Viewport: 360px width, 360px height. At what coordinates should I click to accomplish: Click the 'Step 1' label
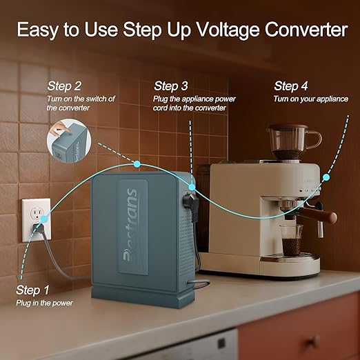32,290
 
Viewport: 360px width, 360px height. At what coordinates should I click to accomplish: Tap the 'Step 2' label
64,86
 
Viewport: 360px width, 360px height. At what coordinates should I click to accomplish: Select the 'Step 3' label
171,86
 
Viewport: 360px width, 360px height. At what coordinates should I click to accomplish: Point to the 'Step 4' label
291,86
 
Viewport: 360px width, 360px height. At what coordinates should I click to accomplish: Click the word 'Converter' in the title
305,30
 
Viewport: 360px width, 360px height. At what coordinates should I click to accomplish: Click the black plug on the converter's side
190,201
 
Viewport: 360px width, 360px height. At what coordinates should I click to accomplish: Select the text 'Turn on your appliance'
310,99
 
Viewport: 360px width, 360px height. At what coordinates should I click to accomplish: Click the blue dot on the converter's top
138,164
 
